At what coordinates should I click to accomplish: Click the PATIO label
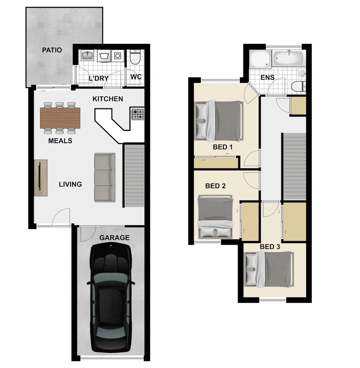pos(52,50)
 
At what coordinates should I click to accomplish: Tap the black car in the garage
pos(111,300)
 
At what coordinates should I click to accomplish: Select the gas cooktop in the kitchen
pos(138,114)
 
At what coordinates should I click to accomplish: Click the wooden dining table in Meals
pos(60,118)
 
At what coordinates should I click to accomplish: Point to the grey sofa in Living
pos(105,177)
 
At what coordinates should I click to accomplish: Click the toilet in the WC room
pos(136,58)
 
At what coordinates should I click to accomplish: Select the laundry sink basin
pos(87,55)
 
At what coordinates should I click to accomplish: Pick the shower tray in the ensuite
pos(260,59)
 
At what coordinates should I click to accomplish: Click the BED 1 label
pos(222,147)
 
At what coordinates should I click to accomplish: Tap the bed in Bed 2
pos(215,216)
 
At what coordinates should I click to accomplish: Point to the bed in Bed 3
pos(269,269)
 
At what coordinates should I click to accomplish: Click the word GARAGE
pos(114,238)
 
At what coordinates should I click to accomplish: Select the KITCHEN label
pos(108,99)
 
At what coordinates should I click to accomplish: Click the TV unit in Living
pos(41,177)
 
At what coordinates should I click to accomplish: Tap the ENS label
pos(267,77)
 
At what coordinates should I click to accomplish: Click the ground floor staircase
pos(134,175)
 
